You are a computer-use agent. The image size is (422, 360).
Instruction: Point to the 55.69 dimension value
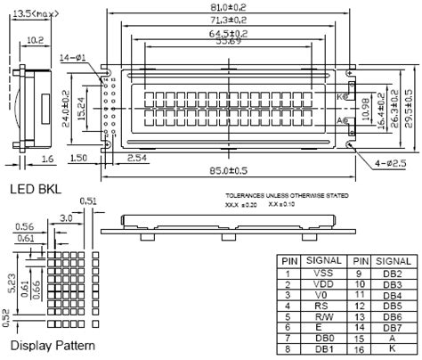pyautogui.click(x=231, y=42)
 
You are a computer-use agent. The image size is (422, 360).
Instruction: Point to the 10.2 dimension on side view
pyautogui.click(x=36, y=40)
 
